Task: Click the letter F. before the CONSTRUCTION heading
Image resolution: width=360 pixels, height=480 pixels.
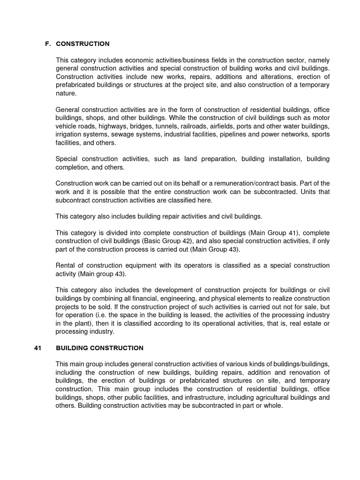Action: pos(47,44)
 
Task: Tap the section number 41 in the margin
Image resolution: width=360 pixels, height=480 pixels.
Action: pos(38,348)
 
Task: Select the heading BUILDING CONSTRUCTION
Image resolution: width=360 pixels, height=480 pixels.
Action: pos(99,348)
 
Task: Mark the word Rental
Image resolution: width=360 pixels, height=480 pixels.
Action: pos(65,265)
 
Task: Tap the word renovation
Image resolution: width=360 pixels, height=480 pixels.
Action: pos(290,372)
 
